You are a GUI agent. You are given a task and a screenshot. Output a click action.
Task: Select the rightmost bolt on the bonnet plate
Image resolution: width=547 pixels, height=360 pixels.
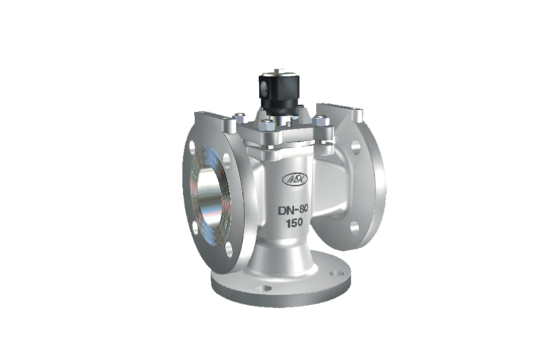tap(325, 130)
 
